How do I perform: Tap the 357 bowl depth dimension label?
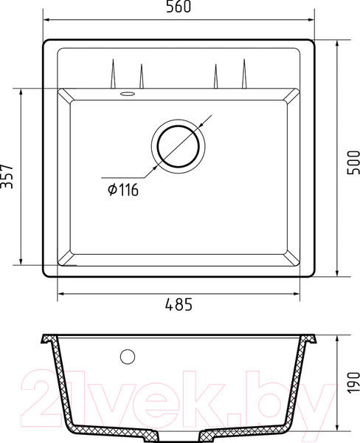point(8,176)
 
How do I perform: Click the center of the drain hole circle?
point(179,143)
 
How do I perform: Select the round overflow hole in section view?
point(128,357)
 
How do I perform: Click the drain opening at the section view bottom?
point(180,432)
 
